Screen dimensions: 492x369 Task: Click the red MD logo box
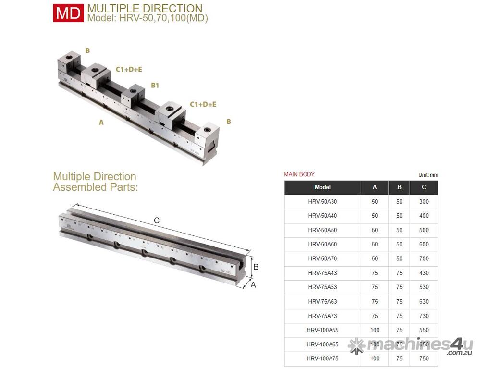(68, 13)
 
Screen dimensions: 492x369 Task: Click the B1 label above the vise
(155, 86)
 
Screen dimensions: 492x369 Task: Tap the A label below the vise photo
(101, 123)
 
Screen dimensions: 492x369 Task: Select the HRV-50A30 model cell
(322, 202)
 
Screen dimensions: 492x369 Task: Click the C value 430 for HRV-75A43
(424, 273)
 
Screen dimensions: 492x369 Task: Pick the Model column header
(322, 187)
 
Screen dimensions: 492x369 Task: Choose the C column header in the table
(424, 187)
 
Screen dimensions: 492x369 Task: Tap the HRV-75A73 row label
(322, 316)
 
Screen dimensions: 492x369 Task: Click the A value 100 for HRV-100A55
(375, 330)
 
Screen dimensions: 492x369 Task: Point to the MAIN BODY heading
(299, 174)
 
